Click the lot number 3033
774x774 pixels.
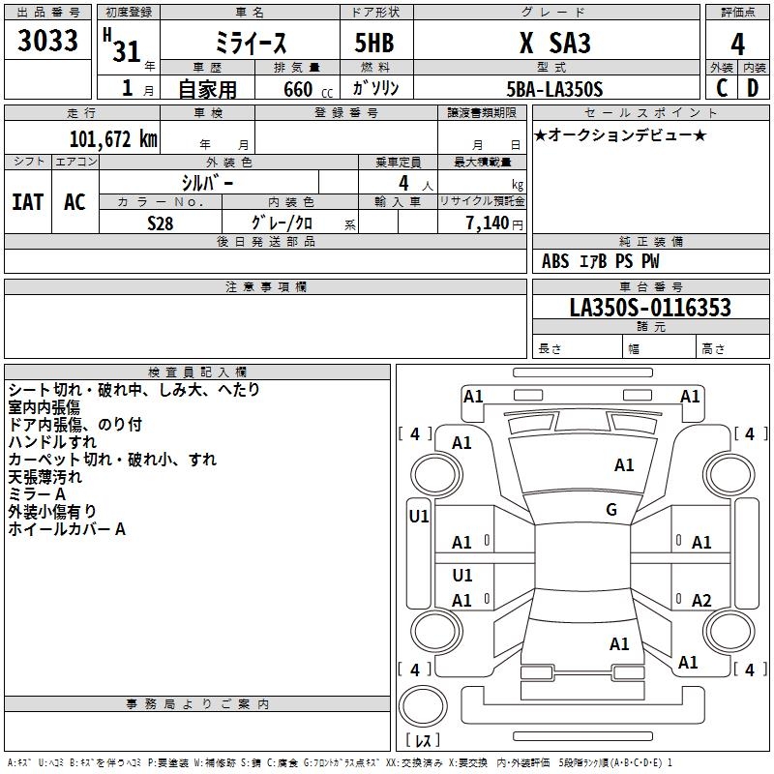coord(47,40)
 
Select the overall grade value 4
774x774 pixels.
coord(737,44)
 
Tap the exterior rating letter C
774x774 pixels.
coord(722,88)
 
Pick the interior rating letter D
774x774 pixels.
coord(753,88)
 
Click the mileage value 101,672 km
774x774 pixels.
coord(113,139)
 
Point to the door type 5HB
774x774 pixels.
coord(374,43)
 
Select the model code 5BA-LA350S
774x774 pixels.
coord(554,89)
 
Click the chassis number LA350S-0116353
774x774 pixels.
coord(650,307)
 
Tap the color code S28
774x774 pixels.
coord(160,223)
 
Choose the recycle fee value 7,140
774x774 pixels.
coord(488,223)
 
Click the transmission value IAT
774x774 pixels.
coord(28,202)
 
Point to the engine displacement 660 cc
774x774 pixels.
coord(308,89)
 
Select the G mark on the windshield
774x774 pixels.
coord(611,509)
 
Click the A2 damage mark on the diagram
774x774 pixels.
coord(700,600)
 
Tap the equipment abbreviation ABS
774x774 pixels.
coord(555,261)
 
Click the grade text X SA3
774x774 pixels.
coord(555,43)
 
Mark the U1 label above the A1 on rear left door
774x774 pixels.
coord(462,575)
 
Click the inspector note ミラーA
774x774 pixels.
coord(37,494)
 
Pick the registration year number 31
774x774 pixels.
coord(127,51)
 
